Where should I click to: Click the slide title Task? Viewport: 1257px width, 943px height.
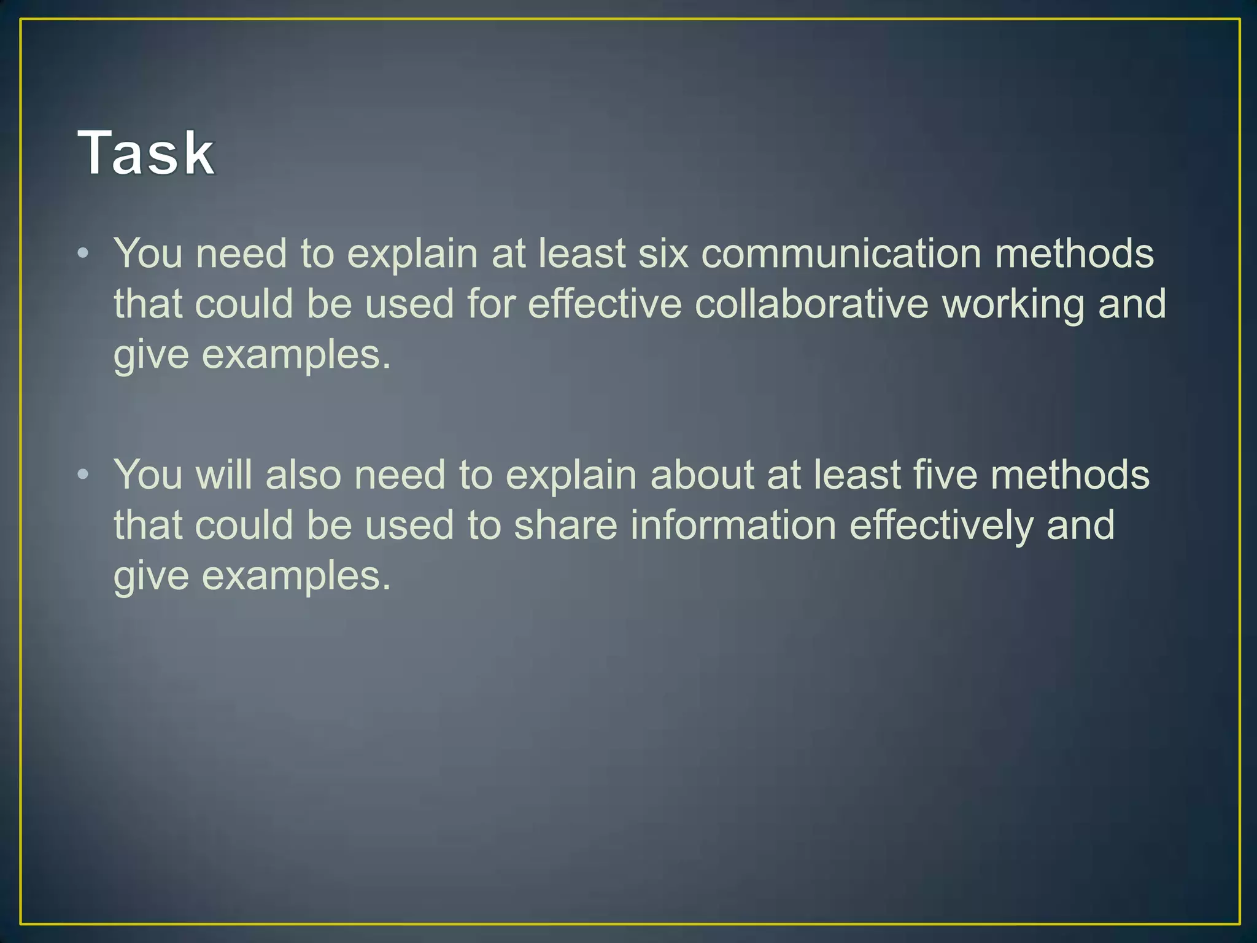click(146, 153)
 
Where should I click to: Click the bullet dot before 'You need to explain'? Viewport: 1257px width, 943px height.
click(83, 253)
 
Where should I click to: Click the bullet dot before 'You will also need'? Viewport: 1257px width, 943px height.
click(83, 474)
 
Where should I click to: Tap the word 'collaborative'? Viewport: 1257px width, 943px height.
click(811, 304)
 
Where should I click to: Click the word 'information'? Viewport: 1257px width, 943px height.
click(733, 526)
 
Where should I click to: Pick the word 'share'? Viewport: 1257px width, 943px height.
click(565, 526)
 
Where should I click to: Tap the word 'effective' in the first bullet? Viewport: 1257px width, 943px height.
click(605, 304)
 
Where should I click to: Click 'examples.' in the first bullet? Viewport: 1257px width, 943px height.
click(296, 355)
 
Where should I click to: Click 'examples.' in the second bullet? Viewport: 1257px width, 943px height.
click(296, 576)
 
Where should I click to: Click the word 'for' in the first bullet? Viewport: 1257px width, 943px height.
click(491, 304)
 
